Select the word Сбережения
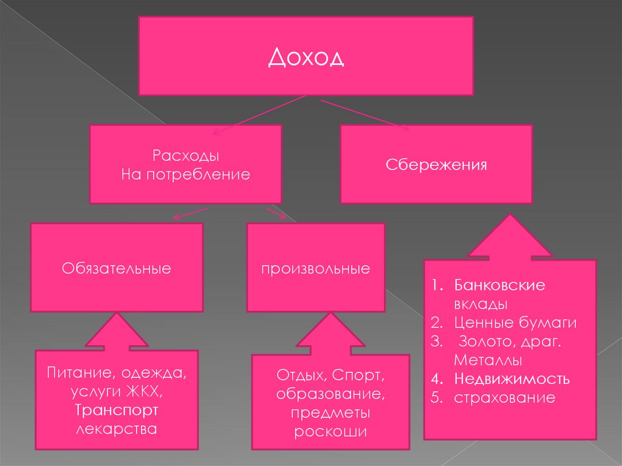click(x=436, y=165)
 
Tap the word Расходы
click(x=186, y=156)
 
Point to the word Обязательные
click(x=116, y=268)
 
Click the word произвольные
click(x=316, y=268)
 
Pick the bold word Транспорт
click(x=117, y=410)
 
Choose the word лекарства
click(x=117, y=430)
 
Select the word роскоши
click(x=331, y=432)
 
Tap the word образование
click(x=331, y=394)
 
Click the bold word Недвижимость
click(x=512, y=379)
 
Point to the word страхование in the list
click(x=505, y=398)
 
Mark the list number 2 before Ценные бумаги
click(x=435, y=323)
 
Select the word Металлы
click(x=488, y=360)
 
